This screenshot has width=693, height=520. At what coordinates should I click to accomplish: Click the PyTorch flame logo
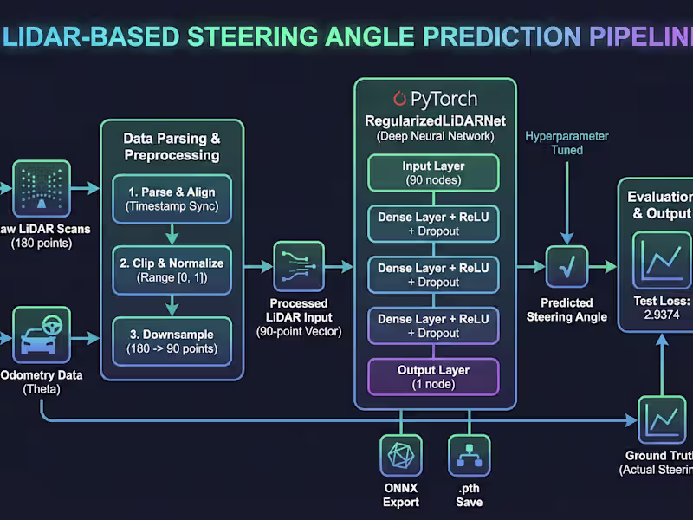pos(399,98)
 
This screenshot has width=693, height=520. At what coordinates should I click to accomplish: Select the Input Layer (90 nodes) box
pos(434,172)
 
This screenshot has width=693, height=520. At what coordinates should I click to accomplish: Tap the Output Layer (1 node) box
pos(434,377)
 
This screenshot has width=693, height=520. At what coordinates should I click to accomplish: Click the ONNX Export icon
pos(400,456)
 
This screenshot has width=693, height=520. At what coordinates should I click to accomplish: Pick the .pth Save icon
pos(469,456)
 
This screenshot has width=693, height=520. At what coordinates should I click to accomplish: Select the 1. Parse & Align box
pos(173,198)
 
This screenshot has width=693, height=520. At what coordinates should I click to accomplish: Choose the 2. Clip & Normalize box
pos(173,270)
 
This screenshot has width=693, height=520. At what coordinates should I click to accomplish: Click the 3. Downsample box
pos(173,341)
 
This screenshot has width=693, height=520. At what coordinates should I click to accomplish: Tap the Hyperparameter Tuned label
pos(567,143)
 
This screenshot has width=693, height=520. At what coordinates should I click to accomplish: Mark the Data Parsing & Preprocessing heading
pos(172,146)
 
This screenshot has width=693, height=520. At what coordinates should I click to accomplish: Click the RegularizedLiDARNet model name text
pos(434,120)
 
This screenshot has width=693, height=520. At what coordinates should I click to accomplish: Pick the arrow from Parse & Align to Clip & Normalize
pos(173,234)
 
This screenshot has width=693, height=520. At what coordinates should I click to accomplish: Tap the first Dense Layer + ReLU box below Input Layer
pos(434,223)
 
